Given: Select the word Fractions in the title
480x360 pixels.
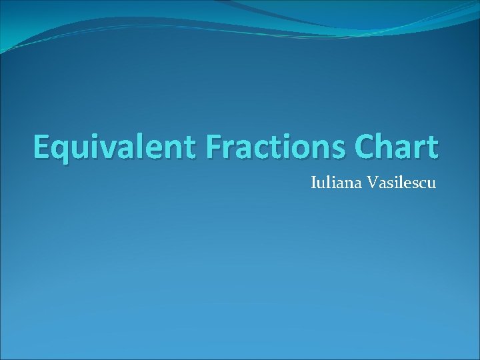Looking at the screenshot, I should [265, 147].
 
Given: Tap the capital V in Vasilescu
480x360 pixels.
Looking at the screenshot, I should [370, 181].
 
